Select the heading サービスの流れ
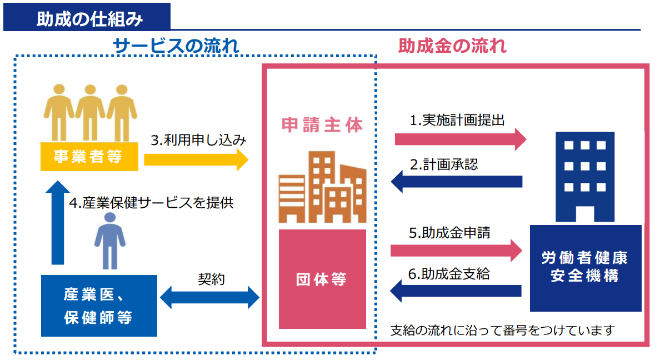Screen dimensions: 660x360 [x=176, y=46]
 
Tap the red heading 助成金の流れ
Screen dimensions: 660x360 [x=452, y=46]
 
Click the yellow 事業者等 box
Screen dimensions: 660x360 [x=89, y=157]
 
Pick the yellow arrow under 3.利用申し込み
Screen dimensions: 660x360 [x=196, y=159]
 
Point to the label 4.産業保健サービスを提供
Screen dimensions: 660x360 [x=151, y=203]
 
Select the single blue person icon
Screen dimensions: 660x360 [x=110, y=241]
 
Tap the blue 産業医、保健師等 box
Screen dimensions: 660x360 [x=99, y=306]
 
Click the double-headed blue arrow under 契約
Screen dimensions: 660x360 [x=209, y=297]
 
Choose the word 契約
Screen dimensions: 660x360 [x=211, y=279]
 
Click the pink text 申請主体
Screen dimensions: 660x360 [x=322, y=125]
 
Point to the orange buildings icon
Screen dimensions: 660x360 [x=322, y=187]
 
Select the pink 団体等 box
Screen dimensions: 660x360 [x=322, y=279]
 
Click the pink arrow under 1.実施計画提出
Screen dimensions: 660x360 [x=461, y=139]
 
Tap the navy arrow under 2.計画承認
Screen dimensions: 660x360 [x=457, y=182]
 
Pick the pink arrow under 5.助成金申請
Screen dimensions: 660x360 [x=456, y=251]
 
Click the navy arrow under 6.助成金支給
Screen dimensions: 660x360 [x=456, y=291]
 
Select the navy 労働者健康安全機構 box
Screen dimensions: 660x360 [x=586, y=268]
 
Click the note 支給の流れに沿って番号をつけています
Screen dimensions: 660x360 [x=503, y=331]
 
